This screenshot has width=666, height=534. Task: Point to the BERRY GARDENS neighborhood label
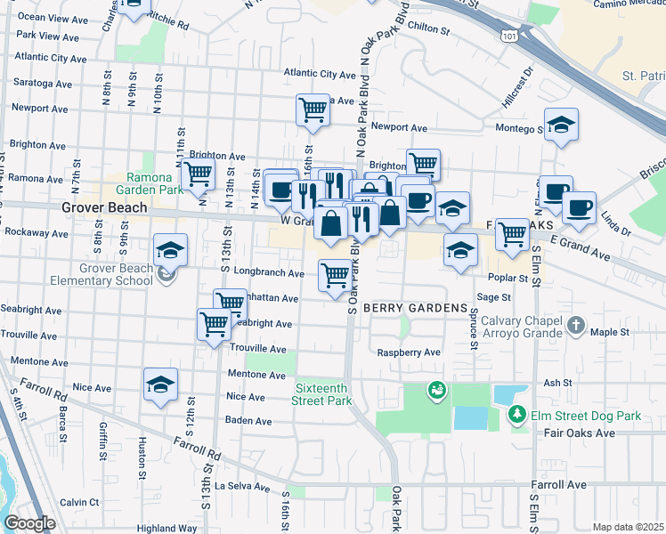415,307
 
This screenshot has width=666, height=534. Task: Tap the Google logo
29,523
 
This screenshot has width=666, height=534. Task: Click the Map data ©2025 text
628,527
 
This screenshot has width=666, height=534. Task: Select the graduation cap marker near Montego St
561,125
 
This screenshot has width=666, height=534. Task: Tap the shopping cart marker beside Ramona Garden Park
198,174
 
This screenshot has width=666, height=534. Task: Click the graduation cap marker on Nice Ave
160,384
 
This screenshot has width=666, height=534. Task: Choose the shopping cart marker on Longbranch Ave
335,275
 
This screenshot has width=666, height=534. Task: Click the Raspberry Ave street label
408,352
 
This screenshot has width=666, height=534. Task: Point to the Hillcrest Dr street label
516,87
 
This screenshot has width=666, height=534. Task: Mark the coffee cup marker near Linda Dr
579,207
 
